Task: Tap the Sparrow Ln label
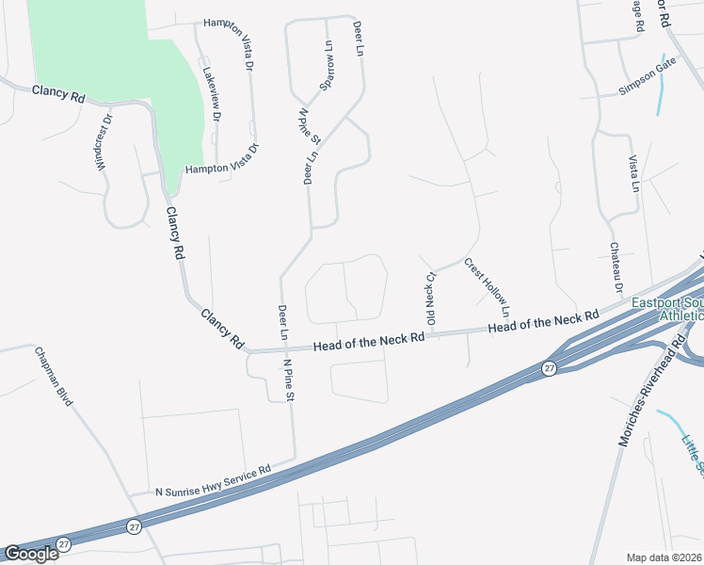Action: [x=328, y=67]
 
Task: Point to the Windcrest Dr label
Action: [x=104, y=142]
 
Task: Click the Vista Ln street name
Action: [x=634, y=174]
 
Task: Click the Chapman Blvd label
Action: [x=54, y=377]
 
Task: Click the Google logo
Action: [x=31, y=554]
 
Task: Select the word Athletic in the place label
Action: [x=679, y=316]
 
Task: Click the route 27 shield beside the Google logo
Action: [x=63, y=544]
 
